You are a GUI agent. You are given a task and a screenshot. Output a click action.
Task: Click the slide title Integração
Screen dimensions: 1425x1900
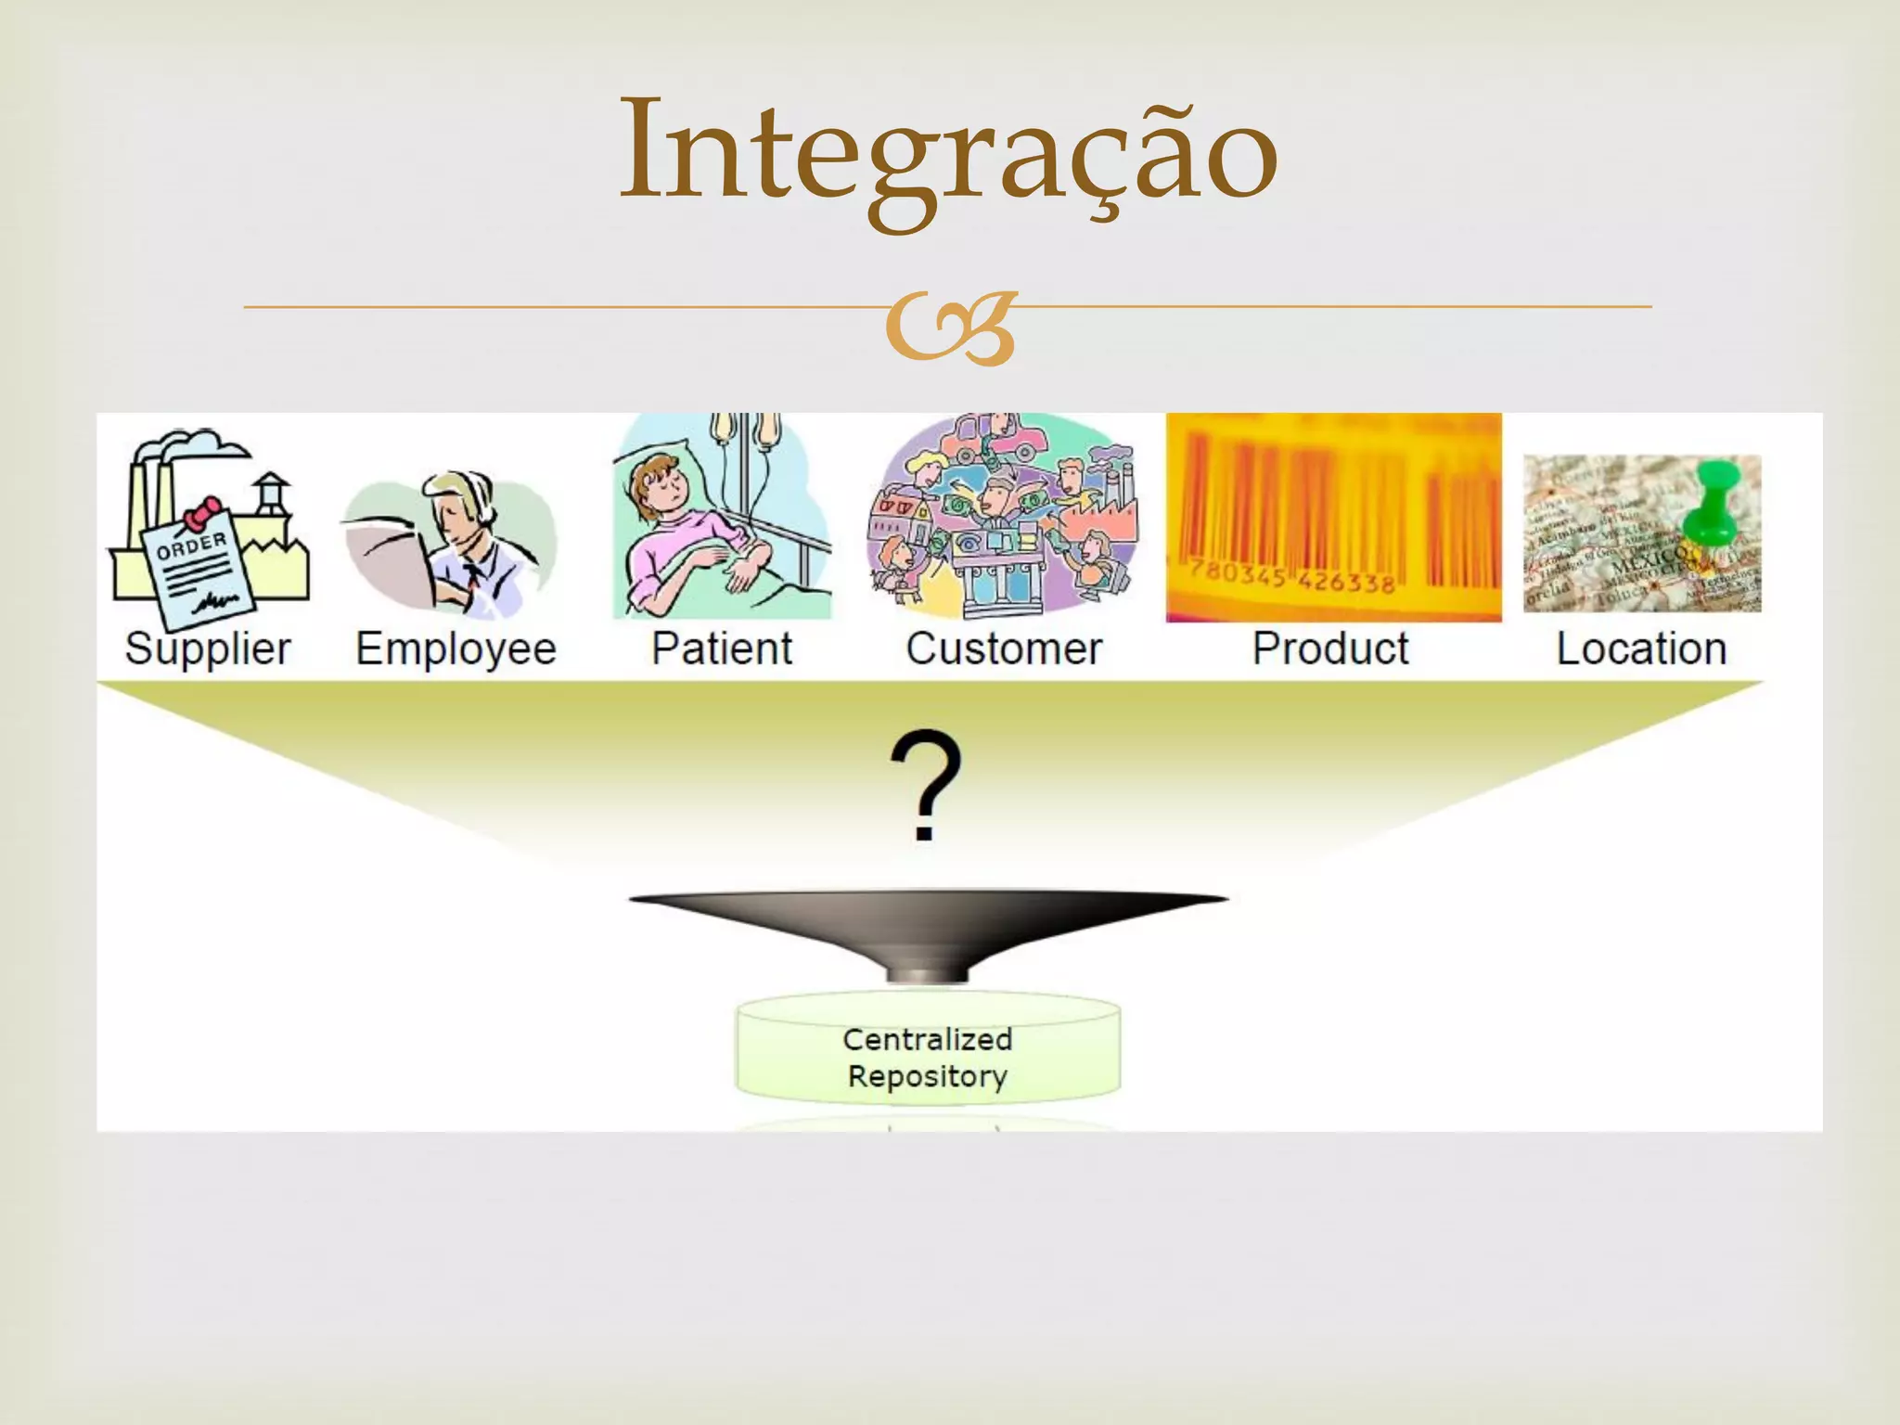coord(948,153)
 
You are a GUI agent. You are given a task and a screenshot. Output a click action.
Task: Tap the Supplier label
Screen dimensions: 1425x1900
coord(208,648)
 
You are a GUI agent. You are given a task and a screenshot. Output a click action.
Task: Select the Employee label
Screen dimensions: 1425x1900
coord(456,648)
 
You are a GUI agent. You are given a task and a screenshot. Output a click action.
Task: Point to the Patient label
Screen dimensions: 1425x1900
coord(722,648)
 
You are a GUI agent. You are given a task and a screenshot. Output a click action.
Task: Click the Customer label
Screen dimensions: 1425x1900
coord(1004,648)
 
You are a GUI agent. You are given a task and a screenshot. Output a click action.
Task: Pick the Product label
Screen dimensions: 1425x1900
coord(1330,648)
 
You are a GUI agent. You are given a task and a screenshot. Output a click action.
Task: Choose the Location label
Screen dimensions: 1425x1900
coord(1641,648)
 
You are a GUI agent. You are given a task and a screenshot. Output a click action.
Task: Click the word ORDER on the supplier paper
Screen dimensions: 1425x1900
coord(192,545)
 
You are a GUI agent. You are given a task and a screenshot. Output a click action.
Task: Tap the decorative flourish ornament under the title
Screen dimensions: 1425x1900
coord(950,327)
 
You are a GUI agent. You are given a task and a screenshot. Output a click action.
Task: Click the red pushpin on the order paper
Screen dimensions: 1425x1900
coord(202,513)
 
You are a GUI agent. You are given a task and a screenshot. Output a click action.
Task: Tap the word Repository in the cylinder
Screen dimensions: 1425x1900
coord(928,1076)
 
